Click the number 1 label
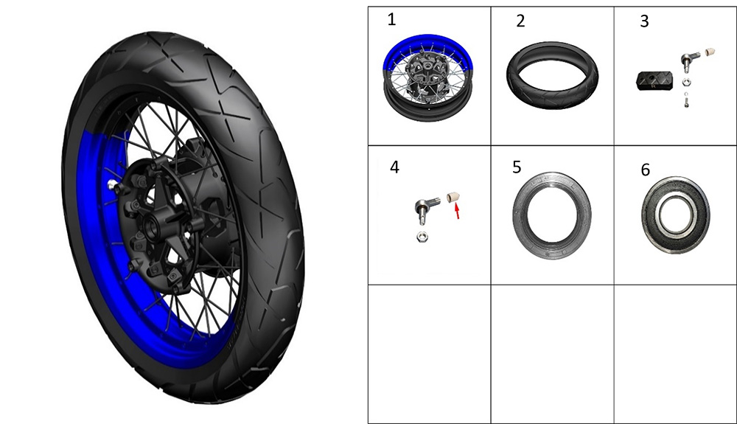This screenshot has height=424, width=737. tap(391, 20)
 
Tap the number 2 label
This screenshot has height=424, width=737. tap(520, 21)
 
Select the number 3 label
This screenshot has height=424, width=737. tap(644, 21)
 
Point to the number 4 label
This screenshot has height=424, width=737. tap(394, 167)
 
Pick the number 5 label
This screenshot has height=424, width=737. tap(517, 167)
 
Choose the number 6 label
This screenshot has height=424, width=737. tap(646, 170)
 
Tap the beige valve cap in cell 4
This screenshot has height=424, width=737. tap(453, 196)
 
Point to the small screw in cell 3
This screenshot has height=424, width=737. tap(687, 100)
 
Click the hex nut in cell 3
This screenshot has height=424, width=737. tap(686, 83)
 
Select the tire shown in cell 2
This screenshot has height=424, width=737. tap(552, 75)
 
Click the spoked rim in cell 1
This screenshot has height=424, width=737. tap(427, 77)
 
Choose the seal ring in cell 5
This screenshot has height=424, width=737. tap(552, 216)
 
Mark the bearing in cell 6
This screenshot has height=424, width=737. tap(675, 215)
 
